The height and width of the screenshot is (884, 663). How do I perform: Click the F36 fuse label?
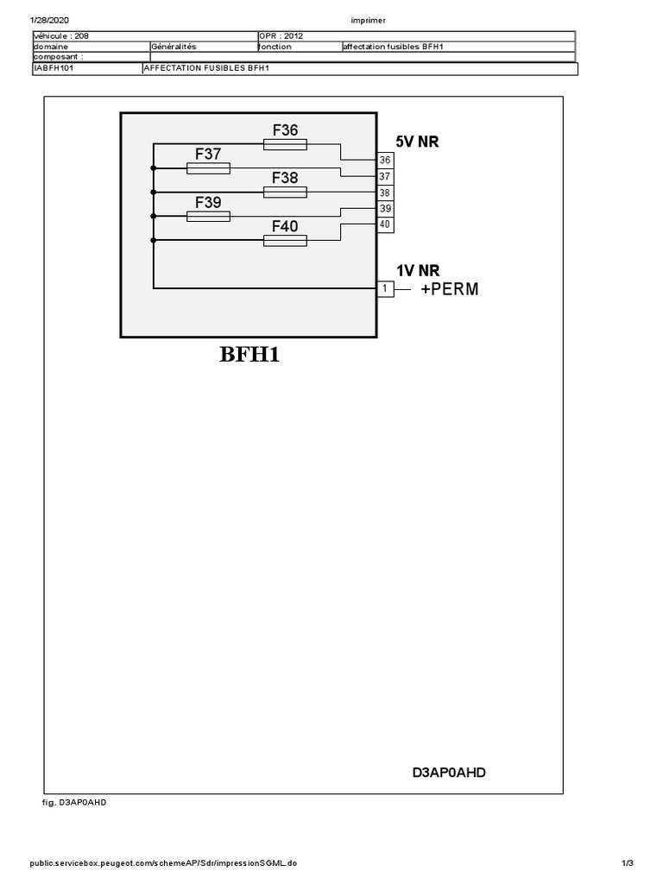pyautogui.click(x=285, y=130)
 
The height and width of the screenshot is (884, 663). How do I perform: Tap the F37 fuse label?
pyautogui.click(x=208, y=155)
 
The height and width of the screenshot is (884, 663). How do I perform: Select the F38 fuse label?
pyautogui.click(x=285, y=178)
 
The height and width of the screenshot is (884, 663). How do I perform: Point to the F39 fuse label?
pyautogui.click(x=208, y=203)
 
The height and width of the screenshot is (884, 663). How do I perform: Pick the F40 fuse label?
pyautogui.click(x=285, y=226)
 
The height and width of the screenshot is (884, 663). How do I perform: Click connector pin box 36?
pyautogui.click(x=385, y=161)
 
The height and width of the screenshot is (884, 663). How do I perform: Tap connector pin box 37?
pyautogui.click(x=385, y=177)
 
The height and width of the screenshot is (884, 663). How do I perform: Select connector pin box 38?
pyautogui.click(x=385, y=193)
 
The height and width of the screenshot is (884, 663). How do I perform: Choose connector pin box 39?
pyautogui.click(x=385, y=209)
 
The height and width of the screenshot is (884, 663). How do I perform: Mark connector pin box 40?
pyautogui.click(x=385, y=224)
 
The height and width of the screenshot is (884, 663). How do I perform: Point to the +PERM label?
pyautogui.click(x=449, y=289)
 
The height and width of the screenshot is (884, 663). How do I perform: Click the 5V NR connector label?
pyautogui.click(x=417, y=142)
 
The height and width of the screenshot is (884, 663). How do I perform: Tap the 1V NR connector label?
pyautogui.click(x=418, y=271)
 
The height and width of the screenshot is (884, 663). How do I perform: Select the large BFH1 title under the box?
pyautogui.click(x=249, y=354)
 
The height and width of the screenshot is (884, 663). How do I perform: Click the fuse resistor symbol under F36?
pyautogui.click(x=285, y=143)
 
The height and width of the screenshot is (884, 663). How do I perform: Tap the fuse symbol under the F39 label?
pyautogui.click(x=208, y=216)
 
